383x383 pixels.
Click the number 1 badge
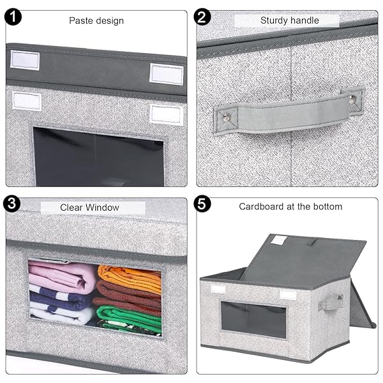point(13,17)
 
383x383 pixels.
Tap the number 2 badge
point(202,17)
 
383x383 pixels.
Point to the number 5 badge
point(202,204)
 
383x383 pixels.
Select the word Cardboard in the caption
point(262,207)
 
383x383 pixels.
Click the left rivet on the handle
point(227,118)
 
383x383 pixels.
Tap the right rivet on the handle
point(352,100)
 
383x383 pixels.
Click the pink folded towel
point(63,274)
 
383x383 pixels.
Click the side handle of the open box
point(331,303)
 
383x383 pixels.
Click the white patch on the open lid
point(278,239)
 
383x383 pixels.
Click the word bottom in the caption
point(328,207)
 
